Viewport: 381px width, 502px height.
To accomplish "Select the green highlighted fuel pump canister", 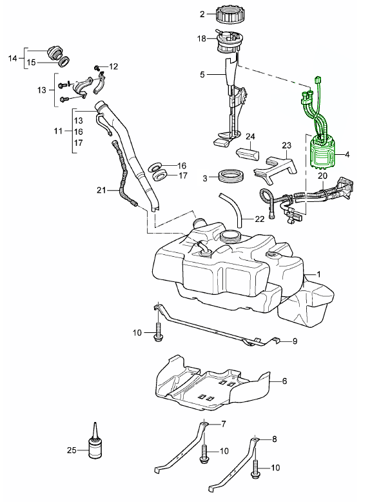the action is pyautogui.click(x=323, y=153).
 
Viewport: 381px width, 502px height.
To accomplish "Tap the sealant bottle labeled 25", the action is pyautogui.click(x=95, y=443).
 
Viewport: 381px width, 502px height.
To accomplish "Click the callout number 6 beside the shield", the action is pyautogui.click(x=284, y=381).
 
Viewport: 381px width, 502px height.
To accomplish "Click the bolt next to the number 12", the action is pyautogui.click(x=97, y=68).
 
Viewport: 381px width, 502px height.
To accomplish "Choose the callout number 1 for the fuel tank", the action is pyautogui.click(x=318, y=274).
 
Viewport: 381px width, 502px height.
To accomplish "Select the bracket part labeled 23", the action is pyautogui.click(x=276, y=169).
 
